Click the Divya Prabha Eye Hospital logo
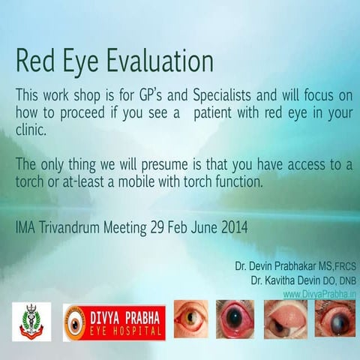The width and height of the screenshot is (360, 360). coord(114,321)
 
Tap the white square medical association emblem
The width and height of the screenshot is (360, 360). coord(32,321)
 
